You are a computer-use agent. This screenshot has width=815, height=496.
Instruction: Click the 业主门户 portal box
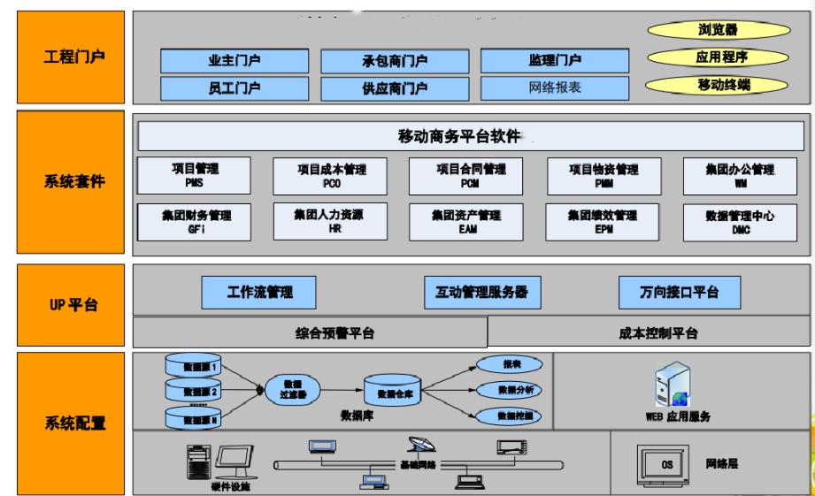[235, 61]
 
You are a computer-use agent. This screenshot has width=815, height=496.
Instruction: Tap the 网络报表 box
[555, 88]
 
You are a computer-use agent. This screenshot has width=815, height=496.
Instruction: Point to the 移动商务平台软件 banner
[470, 136]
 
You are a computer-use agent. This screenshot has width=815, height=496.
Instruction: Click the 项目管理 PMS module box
[195, 175]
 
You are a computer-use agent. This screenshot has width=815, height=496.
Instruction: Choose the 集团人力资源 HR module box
[329, 221]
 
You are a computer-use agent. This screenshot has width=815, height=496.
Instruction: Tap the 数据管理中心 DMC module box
[740, 222]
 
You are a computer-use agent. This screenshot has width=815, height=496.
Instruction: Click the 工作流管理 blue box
[259, 292]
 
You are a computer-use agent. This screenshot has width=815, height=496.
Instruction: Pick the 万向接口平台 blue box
[679, 292]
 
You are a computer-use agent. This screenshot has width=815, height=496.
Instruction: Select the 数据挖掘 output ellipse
[509, 416]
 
